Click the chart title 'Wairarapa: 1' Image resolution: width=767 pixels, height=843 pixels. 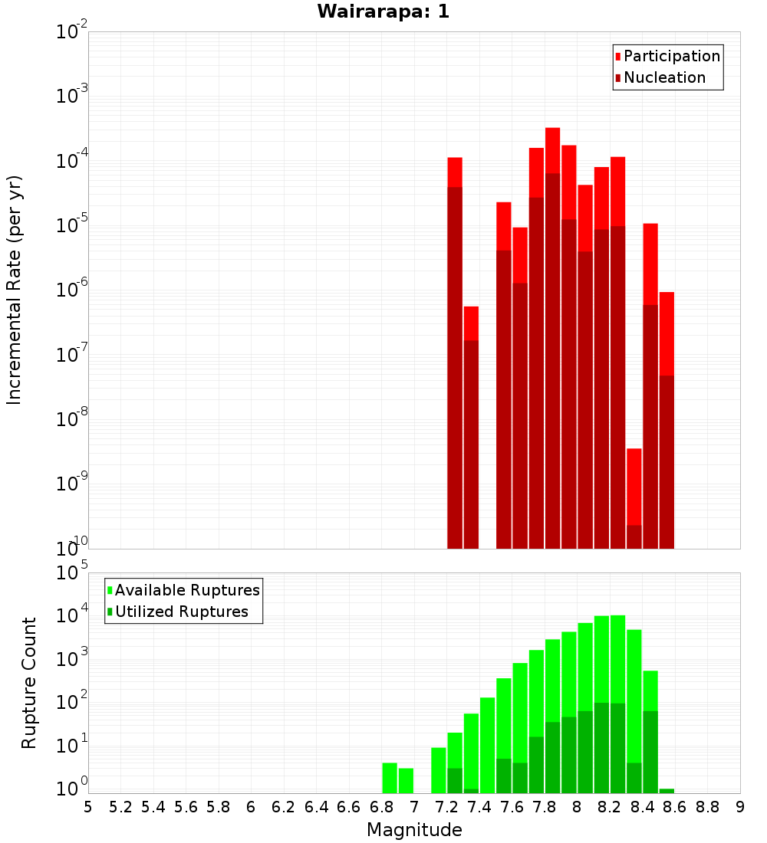tap(383, 12)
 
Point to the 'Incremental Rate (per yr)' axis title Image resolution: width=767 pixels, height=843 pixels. tap(14, 290)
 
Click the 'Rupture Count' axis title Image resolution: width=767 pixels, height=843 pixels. tap(29, 683)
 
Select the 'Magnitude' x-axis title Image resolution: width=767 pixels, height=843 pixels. tap(414, 829)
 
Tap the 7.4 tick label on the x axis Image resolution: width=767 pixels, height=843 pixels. tap(479, 807)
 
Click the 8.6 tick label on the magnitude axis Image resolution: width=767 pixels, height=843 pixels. tap(675, 807)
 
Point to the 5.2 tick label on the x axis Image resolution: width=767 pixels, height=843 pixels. tap(120, 807)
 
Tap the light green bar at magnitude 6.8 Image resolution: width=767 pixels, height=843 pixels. tap(390, 777)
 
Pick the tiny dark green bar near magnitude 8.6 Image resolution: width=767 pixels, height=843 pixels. tap(667, 790)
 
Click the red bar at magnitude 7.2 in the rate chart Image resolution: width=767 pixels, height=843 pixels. tap(455, 172)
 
